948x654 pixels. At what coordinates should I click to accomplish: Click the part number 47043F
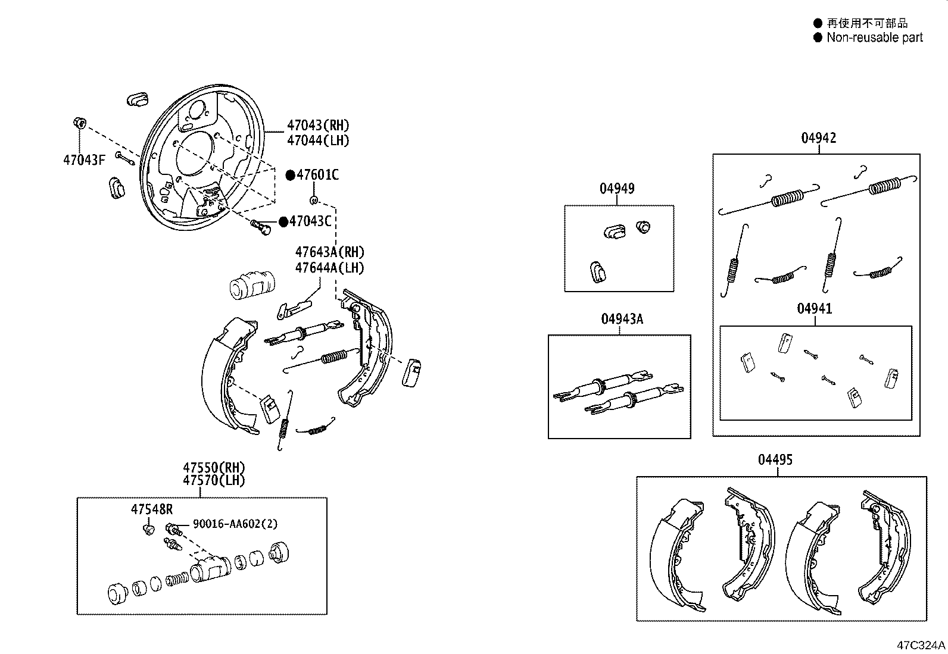click(x=83, y=160)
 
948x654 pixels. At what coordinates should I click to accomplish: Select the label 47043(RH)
click(x=318, y=126)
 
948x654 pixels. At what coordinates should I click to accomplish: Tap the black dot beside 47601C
click(x=291, y=175)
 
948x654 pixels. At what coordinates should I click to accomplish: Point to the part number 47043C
click(x=310, y=221)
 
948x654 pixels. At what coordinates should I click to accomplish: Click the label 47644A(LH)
click(x=329, y=268)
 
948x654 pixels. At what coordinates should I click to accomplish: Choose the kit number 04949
click(x=617, y=189)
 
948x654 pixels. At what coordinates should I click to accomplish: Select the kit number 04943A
click(x=622, y=319)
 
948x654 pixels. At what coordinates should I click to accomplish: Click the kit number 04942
click(x=818, y=138)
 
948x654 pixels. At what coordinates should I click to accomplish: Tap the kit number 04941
click(x=815, y=308)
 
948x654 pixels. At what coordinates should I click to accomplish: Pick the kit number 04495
click(x=775, y=460)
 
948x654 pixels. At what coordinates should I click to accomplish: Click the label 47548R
click(x=152, y=509)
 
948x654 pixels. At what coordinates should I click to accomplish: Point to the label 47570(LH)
click(x=214, y=481)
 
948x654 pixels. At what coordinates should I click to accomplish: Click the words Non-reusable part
click(x=874, y=37)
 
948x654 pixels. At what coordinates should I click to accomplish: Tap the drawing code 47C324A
click(x=921, y=645)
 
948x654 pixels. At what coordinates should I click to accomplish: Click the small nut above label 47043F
click(x=79, y=123)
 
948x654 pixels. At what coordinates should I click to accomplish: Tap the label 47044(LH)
click(x=318, y=141)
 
